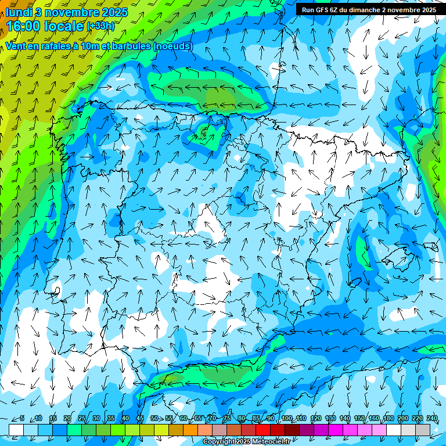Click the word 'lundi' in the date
19,12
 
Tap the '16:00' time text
25,26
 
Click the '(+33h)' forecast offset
100,26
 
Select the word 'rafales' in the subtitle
57,46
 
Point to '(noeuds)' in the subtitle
172,46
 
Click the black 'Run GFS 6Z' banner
368,10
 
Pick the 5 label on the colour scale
21,418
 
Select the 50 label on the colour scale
154,418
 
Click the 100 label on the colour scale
287,418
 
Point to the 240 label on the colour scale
431,418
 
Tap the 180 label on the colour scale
388,418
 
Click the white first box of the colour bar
16,429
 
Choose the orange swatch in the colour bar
190,429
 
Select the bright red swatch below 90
263,429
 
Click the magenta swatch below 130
336,429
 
